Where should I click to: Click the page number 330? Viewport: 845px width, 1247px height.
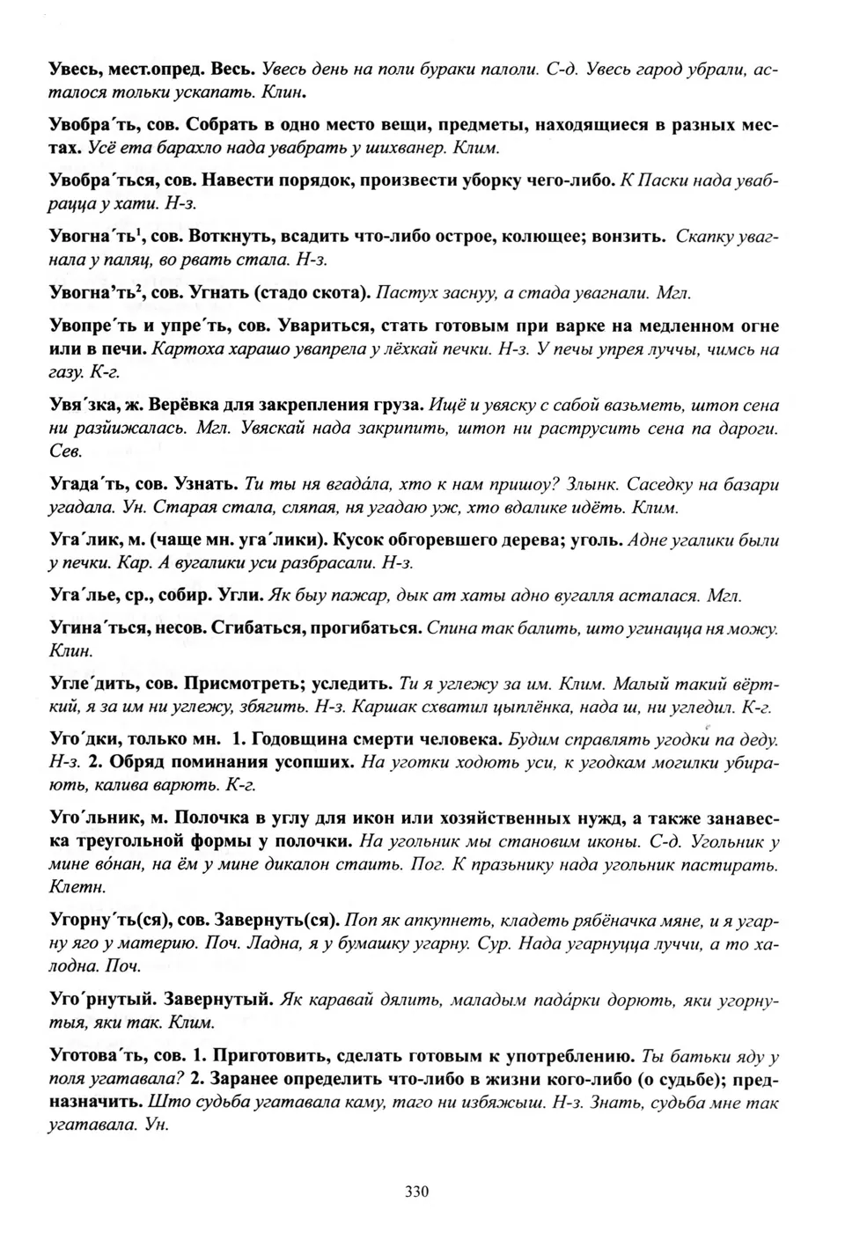coord(416,1192)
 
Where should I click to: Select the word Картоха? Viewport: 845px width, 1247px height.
coord(187,349)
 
